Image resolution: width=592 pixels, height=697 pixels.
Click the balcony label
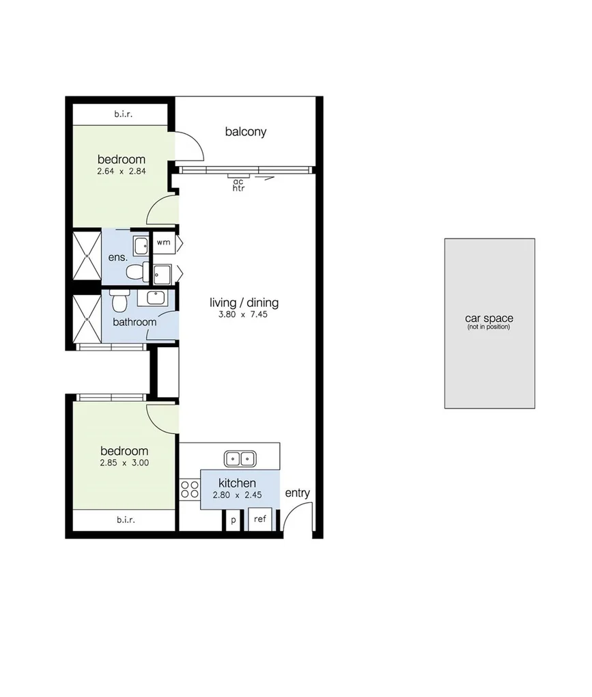(246, 132)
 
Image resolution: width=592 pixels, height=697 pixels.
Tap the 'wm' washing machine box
(164, 242)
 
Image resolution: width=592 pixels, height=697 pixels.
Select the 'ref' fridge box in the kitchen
(260, 519)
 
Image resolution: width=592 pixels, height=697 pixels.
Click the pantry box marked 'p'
(234, 520)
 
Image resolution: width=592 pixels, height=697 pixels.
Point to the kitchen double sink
(240, 459)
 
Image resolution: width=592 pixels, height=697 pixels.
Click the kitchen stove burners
(190, 489)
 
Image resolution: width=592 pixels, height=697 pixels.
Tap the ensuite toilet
(135, 271)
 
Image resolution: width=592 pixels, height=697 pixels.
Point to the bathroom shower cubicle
(87, 319)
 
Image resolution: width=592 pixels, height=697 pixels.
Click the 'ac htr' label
(239, 184)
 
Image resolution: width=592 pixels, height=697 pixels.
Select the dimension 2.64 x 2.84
(122, 172)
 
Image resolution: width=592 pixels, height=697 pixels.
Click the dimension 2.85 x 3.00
(124, 463)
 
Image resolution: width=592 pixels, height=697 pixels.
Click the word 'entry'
(298, 493)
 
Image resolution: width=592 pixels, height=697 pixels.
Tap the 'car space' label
(489, 318)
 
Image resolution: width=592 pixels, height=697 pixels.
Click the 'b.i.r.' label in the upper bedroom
(124, 114)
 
